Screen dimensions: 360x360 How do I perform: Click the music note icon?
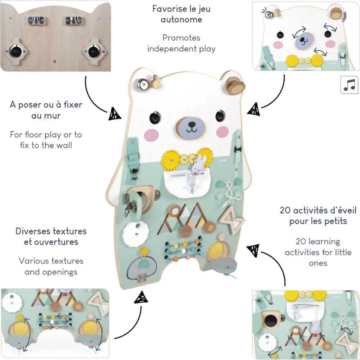click(x=349, y=85)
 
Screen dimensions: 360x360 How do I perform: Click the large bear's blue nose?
click(x=190, y=128)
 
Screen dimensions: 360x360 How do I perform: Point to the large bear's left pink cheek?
click(x=152, y=135)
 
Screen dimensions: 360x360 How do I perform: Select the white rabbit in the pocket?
click(x=197, y=165)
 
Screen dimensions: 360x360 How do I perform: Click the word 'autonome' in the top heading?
click(x=181, y=19)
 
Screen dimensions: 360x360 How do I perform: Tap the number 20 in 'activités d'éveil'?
click(x=285, y=210)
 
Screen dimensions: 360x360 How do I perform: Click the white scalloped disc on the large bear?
click(x=134, y=234)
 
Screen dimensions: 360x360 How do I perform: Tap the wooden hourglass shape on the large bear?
click(x=231, y=218)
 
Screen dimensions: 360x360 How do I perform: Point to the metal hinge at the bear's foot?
click(x=141, y=278)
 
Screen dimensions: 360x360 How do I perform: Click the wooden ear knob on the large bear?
click(x=235, y=86)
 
